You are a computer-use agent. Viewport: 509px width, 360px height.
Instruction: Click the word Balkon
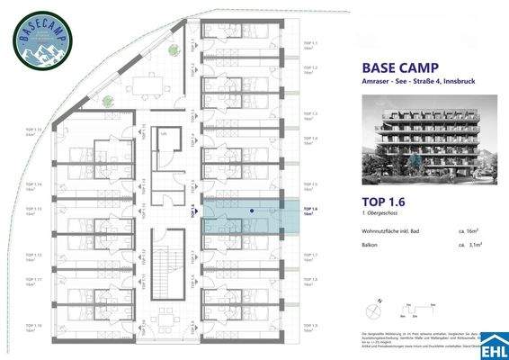(370, 245)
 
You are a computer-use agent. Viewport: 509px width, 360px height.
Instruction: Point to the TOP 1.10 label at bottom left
(33, 328)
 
